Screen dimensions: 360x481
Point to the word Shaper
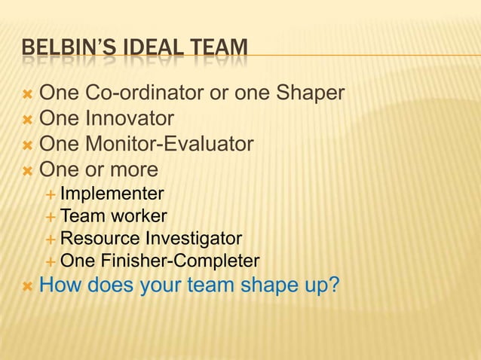(x=310, y=94)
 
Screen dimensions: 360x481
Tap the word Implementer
(x=112, y=194)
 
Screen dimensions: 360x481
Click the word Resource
(x=100, y=239)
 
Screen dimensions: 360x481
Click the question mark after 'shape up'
(x=332, y=286)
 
